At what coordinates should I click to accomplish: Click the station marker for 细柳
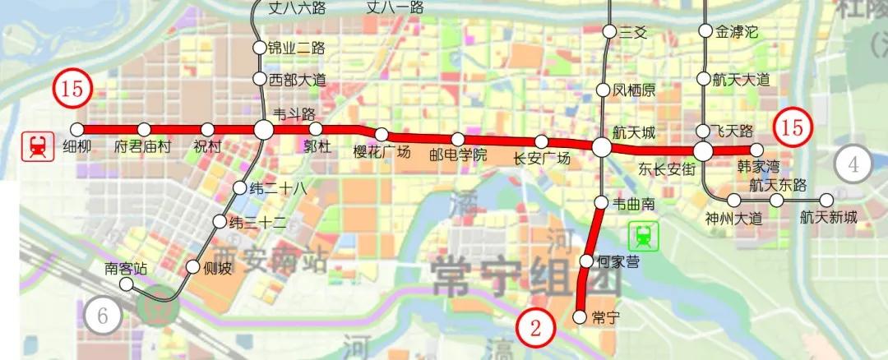pyautogui.click(x=77, y=129)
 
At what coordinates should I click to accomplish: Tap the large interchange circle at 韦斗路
pyautogui.click(x=263, y=129)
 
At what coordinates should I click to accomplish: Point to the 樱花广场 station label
pyautogui.click(x=382, y=151)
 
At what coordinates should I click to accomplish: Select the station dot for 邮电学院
pyautogui.click(x=458, y=139)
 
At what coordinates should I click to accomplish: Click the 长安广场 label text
pyautogui.click(x=541, y=159)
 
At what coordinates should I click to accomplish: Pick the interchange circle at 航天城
pyautogui.click(x=602, y=147)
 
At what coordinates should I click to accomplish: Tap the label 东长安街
pyautogui.click(x=667, y=169)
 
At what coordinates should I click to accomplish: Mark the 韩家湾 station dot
pyautogui.click(x=770, y=150)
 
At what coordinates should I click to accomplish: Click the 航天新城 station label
pyautogui.click(x=828, y=218)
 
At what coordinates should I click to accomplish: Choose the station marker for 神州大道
pyautogui.click(x=734, y=200)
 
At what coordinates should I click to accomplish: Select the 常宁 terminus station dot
pyautogui.click(x=579, y=316)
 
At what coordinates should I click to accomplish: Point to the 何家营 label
pyautogui.click(x=618, y=262)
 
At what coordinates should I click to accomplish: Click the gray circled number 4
pyautogui.click(x=853, y=164)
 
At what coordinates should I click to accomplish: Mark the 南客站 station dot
pyautogui.click(x=126, y=284)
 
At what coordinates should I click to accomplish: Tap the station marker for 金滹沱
pyautogui.click(x=704, y=31)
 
